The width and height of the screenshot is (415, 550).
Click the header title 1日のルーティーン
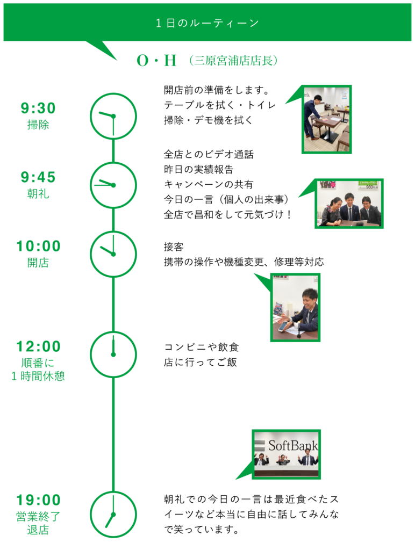click(x=207, y=23)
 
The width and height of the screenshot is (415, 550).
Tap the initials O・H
click(x=156, y=61)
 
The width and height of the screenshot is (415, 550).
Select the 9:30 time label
click(x=38, y=108)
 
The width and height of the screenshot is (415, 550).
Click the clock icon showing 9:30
click(x=113, y=116)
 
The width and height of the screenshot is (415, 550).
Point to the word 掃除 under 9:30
click(x=38, y=125)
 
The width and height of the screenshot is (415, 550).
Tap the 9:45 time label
click(x=38, y=177)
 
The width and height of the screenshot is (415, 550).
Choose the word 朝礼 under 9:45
click(x=38, y=194)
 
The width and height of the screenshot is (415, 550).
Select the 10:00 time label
click(x=38, y=247)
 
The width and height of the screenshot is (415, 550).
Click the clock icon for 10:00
click(x=113, y=254)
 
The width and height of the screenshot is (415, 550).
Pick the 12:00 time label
click(x=38, y=347)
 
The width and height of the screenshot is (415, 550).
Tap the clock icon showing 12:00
click(x=113, y=354)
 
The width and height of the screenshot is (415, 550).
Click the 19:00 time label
click(x=38, y=501)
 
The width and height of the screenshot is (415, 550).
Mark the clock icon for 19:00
click(x=113, y=514)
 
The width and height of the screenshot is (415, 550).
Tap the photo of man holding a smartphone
click(x=296, y=307)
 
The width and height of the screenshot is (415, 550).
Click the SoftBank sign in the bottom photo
click(x=293, y=446)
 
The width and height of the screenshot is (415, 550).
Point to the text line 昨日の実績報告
click(x=198, y=169)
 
